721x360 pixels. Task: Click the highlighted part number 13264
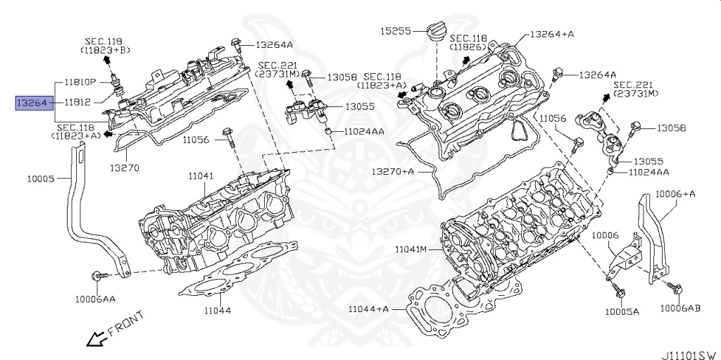pyautogui.click(x=32, y=103)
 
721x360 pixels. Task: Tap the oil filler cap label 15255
pyautogui.click(x=396, y=31)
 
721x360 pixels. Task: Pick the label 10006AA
pyautogui.click(x=95, y=299)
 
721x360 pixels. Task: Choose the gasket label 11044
pyautogui.click(x=217, y=309)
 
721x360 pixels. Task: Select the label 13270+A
pyautogui.click(x=392, y=171)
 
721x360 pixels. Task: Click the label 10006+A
pyautogui.click(x=675, y=194)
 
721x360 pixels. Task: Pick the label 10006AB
pyautogui.click(x=680, y=308)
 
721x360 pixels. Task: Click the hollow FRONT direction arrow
pyautogui.click(x=94, y=339)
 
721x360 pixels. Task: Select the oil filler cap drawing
pyautogui.click(x=433, y=33)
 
